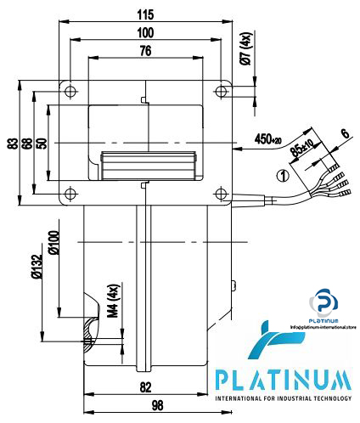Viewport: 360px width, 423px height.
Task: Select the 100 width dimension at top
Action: [145, 32]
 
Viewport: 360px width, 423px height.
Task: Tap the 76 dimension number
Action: [146, 51]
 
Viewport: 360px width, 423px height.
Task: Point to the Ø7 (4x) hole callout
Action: [245, 52]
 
